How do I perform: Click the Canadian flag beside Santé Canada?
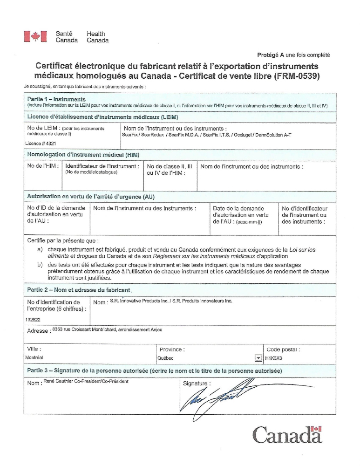[x=36, y=37]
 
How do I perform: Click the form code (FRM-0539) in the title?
[x=297, y=75]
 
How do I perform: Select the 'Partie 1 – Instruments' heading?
[x=56, y=99]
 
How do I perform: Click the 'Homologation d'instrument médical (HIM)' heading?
[x=84, y=154]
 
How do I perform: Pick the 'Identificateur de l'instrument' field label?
[x=102, y=166]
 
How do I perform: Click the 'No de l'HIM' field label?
[x=42, y=166]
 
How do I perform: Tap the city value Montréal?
[x=34, y=358]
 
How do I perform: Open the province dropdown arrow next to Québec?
[x=258, y=358]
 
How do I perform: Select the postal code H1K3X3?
[x=274, y=358]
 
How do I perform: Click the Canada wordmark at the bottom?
[x=287, y=434]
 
